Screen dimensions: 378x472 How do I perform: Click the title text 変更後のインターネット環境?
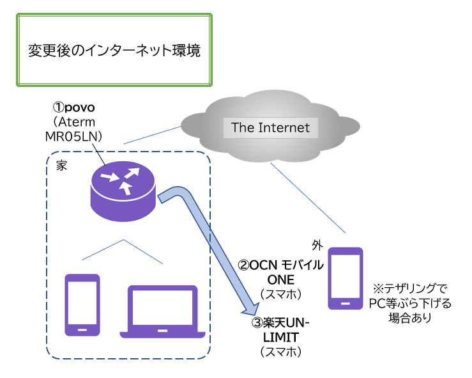pos(114,51)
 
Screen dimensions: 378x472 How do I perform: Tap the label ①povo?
pos(77,107)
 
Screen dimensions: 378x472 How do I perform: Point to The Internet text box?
pos(270,127)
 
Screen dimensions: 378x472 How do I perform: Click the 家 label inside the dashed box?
pos(62,164)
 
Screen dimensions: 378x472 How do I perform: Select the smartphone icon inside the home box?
pos(83,305)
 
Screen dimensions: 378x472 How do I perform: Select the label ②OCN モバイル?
pos(280,265)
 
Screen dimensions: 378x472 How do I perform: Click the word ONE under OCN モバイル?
pos(280,279)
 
